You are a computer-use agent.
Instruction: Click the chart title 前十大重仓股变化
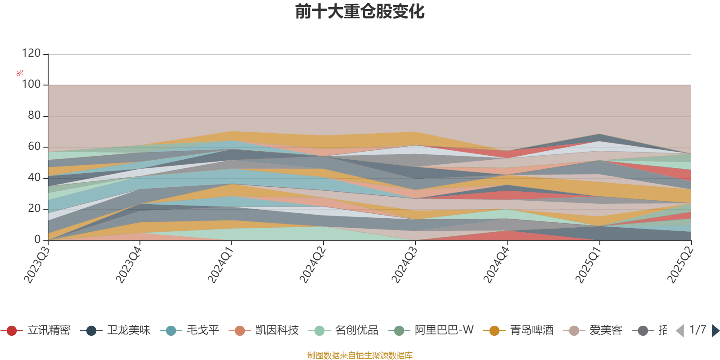click(360, 12)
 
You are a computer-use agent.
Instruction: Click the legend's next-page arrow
click(715, 331)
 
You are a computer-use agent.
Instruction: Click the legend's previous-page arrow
click(680, 331)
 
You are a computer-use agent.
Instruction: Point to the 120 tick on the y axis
click(31, 54)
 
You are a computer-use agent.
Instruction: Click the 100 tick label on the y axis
click(31, 85)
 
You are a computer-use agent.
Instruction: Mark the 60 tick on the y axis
click(34, 147)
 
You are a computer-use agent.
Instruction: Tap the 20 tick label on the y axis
click(34, 209)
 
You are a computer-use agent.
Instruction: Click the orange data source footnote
click(360, 355)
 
